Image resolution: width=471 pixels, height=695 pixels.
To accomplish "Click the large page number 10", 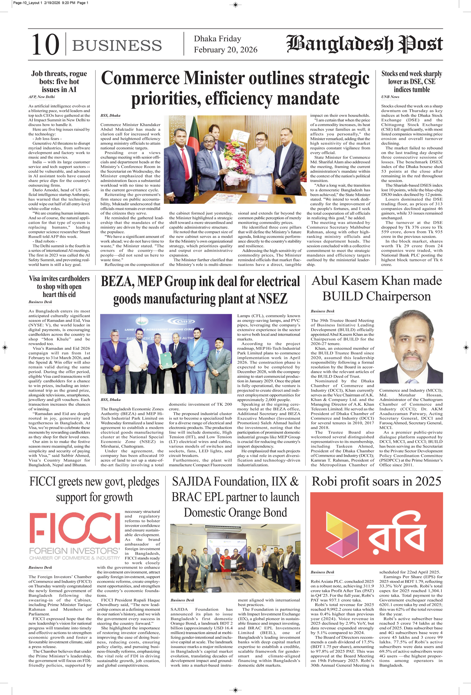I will coord(45,44).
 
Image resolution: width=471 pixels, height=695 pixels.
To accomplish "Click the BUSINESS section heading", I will coord(117,45).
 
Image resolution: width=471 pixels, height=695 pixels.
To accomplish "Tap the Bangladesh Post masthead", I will coord(364,44).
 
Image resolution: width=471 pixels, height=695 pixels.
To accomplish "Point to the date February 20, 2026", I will coord(225,49).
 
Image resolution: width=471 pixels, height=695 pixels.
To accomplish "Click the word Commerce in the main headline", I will coord(140,78).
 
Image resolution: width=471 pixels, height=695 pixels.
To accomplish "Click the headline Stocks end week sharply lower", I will coord(412,81).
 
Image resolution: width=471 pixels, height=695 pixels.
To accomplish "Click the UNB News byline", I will coord(390,97).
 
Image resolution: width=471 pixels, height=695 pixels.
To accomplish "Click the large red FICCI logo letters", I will coord(75,528).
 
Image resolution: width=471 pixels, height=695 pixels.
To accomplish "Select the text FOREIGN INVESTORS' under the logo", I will coord(74,551).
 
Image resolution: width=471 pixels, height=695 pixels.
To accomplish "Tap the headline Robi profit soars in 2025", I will coord(376,481).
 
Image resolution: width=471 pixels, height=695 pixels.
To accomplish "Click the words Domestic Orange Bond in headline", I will coord(235,513).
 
